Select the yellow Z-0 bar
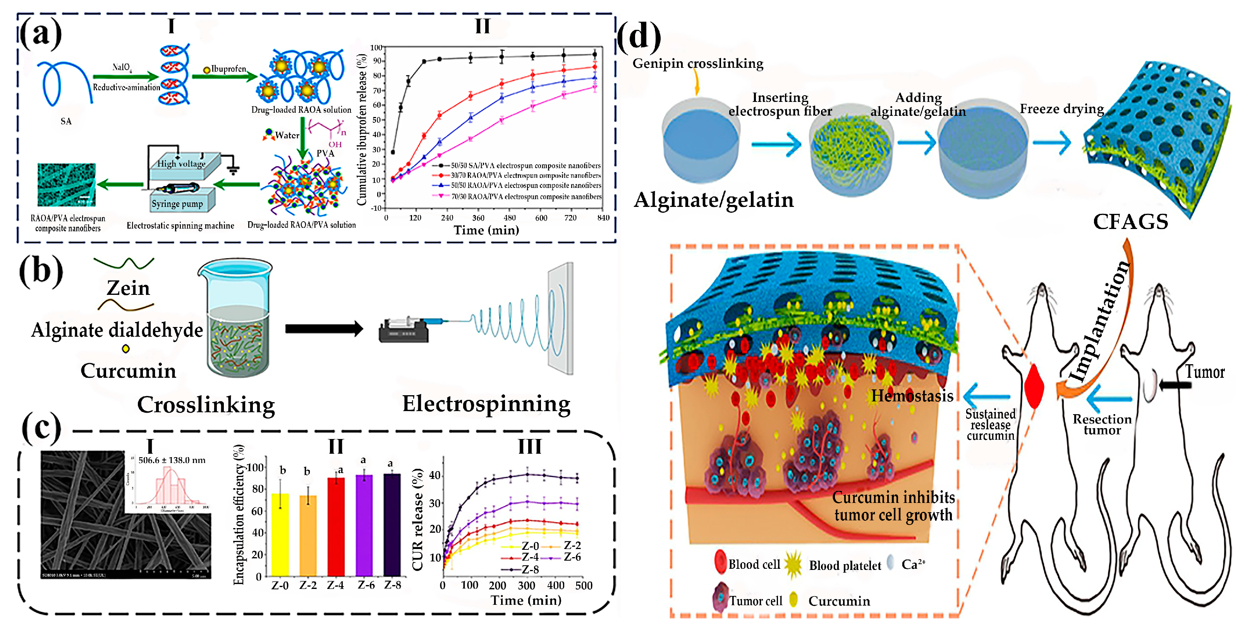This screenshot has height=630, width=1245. coord(280,534)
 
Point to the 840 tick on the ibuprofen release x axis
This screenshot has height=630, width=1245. coord(603,218)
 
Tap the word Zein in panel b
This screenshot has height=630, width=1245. coord(128,288)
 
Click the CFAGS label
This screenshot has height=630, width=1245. coord(1130,222)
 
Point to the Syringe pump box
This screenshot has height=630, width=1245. coord(177,203)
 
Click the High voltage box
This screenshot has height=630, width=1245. coord(181,164)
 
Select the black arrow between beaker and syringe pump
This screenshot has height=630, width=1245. coord(324,329)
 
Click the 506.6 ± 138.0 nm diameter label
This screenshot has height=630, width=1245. coord(172,460)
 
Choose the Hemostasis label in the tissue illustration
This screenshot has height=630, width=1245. coord(912,396)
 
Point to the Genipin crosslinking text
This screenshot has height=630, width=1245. coord(697,63)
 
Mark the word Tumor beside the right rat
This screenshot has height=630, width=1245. coord(1204,372)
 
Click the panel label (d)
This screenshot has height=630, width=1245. coord(639,37)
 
